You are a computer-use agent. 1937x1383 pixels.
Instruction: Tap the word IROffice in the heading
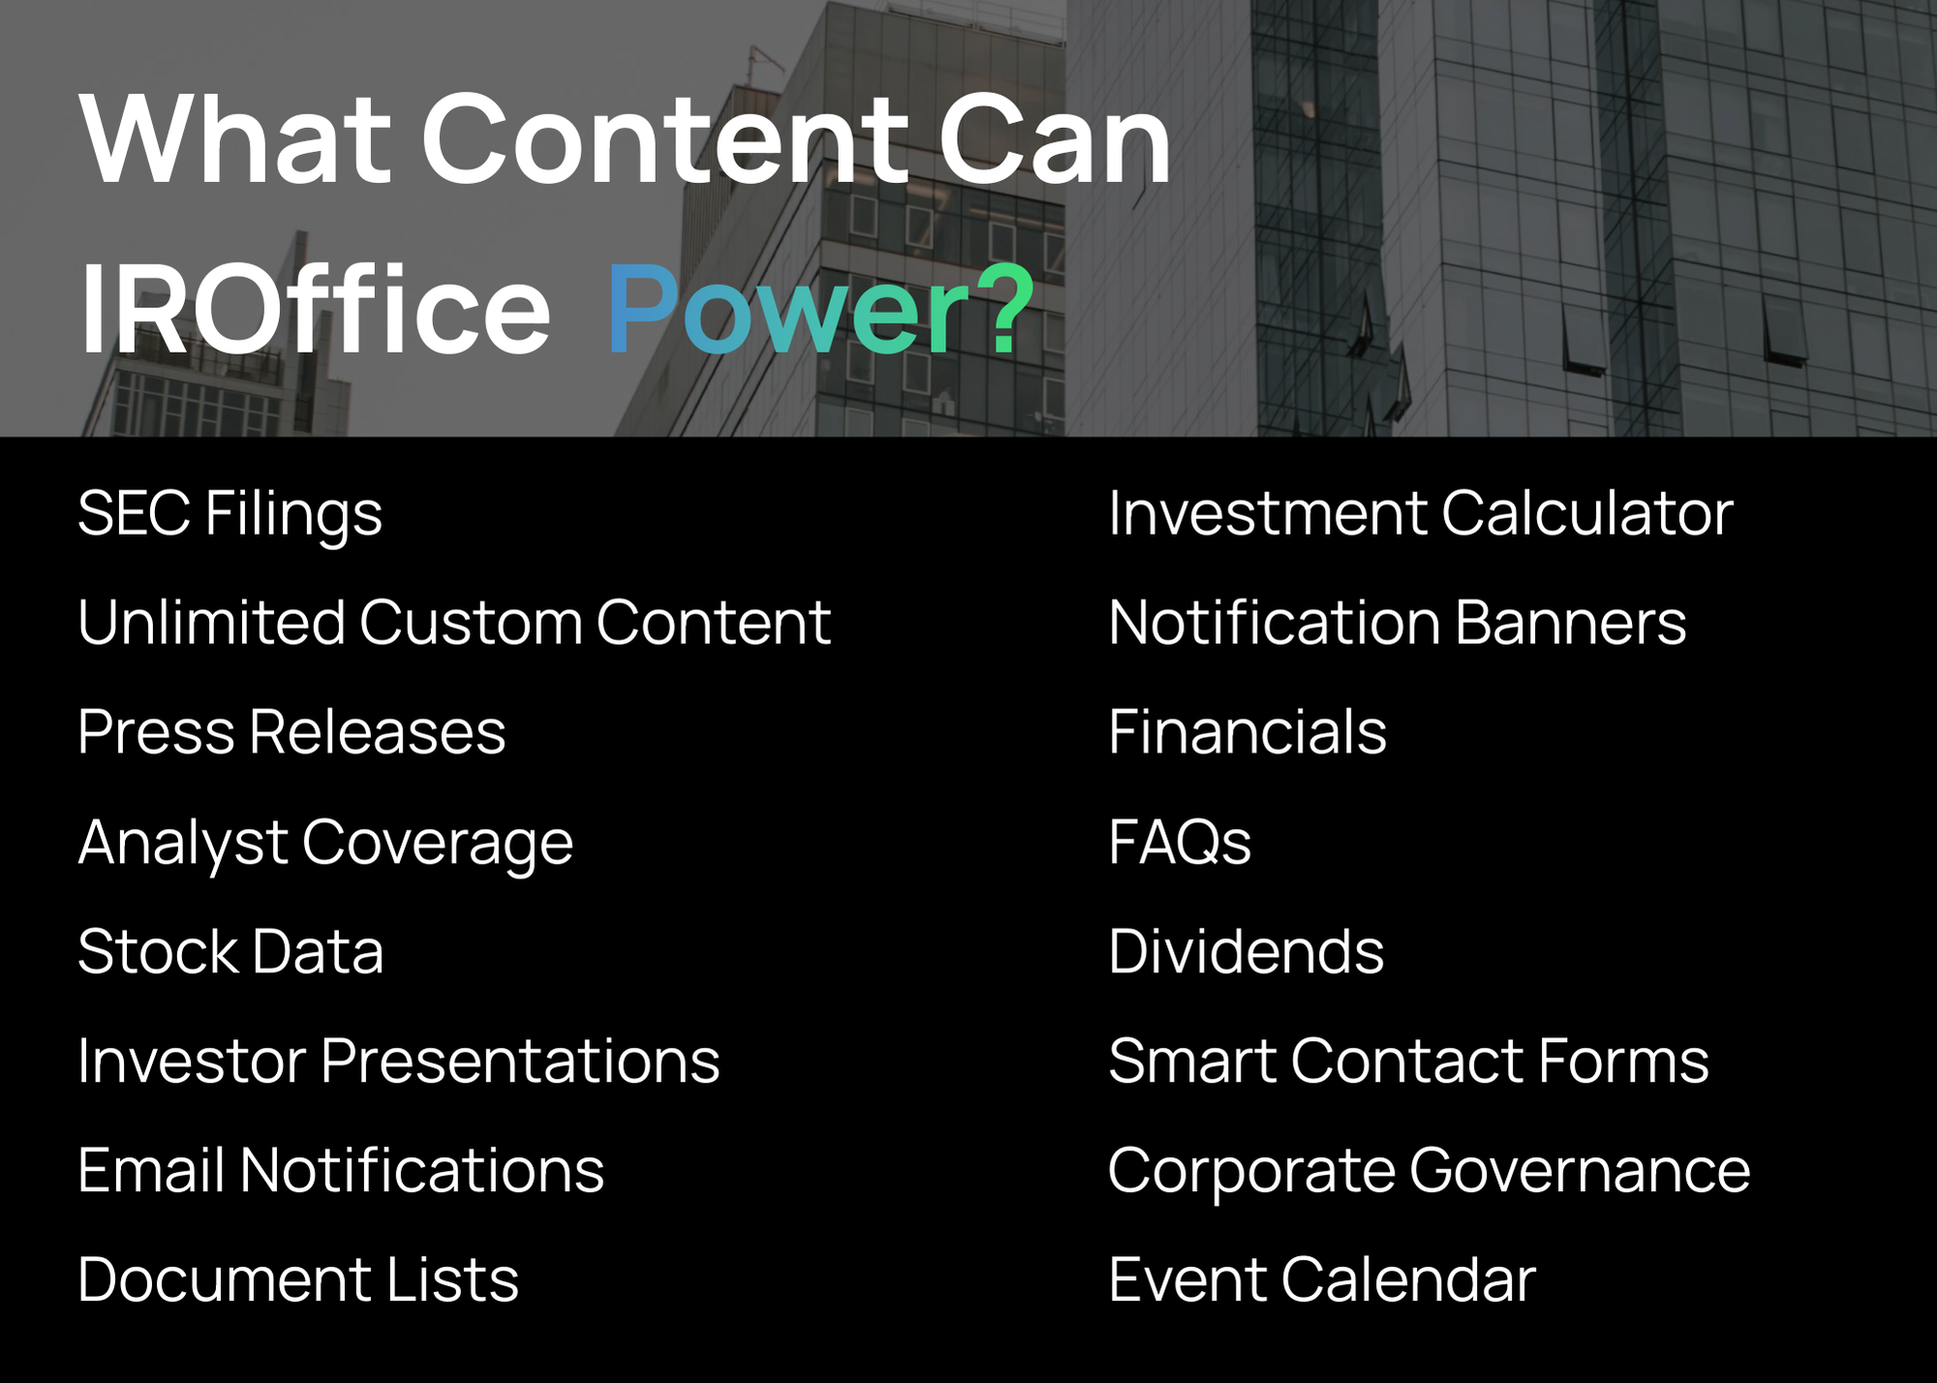316,309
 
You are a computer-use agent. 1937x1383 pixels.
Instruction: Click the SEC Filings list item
230,514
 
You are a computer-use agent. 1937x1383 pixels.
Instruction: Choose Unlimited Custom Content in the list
454,622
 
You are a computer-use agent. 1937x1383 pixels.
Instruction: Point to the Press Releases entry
292,731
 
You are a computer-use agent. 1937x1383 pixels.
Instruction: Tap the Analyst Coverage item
325,843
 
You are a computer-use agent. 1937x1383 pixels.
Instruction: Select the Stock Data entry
231,951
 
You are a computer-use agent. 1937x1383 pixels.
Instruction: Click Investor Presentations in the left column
398,1060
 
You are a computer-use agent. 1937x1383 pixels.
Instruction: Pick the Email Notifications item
341,1170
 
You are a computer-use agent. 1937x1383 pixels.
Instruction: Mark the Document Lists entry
298,1279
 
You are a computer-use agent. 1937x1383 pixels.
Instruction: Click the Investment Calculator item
1421,512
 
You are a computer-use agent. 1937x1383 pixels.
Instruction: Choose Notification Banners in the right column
1398,622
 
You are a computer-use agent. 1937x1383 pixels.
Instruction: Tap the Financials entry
1247,731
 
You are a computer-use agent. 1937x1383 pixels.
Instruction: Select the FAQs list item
1180,841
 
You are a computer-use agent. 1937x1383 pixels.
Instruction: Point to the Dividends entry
1246,951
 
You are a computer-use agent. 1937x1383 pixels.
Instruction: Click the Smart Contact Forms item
1409,1060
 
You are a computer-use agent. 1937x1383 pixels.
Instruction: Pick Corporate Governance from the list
1430,1172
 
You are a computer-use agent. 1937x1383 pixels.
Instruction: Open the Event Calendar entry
1322,1279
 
